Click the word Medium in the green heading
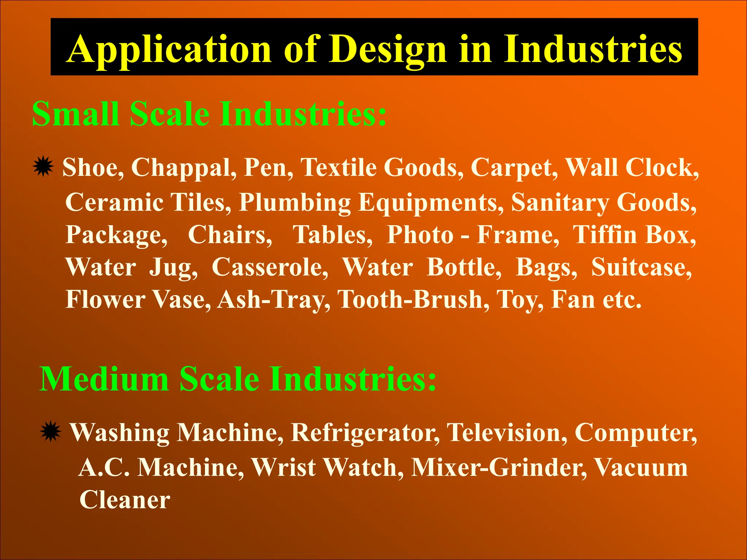[104, 379]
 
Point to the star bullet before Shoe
[43, 167]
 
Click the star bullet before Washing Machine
[50, 432]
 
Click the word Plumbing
[295, 203]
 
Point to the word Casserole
[270, 267]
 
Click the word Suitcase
[641, 267]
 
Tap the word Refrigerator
[365, 433]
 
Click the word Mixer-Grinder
[499, 467]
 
